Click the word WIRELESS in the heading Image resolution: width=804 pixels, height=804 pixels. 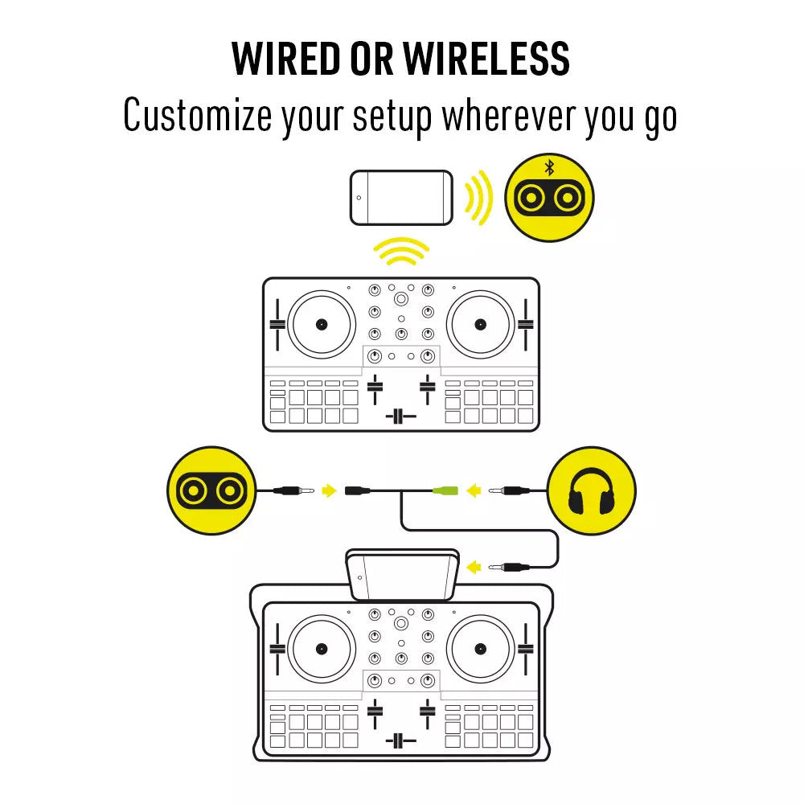(x=486, y=59)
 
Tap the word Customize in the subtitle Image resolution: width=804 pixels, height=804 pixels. (x=198, y=115)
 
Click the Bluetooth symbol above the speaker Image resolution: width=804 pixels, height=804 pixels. (x=549, y=167)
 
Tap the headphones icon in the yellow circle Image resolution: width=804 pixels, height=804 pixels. (x=591, y=491)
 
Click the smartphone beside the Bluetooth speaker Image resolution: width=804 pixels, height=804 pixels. (x=401, y=198)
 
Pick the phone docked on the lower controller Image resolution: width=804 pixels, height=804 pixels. (x=403, y=574)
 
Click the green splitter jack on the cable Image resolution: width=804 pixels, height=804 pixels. (x=445, y=490)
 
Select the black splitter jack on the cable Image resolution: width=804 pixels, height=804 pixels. (x=358, y=490)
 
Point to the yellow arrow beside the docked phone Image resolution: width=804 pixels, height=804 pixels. (x=474, y=567)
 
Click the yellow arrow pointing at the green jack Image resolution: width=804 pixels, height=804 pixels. (x=474, y=490)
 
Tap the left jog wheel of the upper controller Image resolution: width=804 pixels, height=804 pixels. (x=322, y=324)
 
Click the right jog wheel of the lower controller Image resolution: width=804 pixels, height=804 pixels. (x=481, y=649)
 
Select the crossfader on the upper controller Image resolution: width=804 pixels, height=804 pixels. (x=401, y=416)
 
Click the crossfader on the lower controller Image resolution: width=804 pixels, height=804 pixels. (x=401, y=740)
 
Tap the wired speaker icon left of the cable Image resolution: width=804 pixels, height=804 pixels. (x=211, y=490)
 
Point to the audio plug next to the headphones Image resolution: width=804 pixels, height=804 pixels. (x=509, y=490)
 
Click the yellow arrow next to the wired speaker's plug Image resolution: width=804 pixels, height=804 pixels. (x=329, y=490)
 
